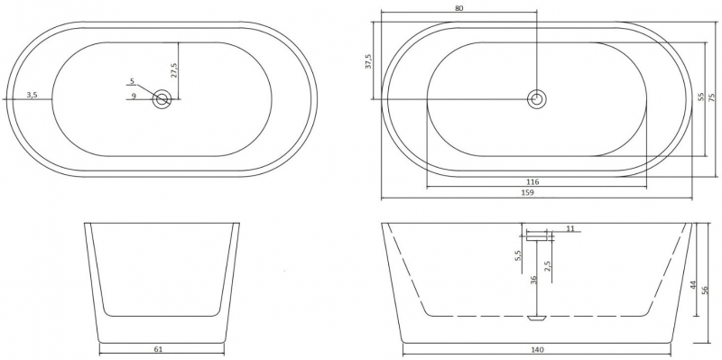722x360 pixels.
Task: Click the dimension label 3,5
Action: [32, 96]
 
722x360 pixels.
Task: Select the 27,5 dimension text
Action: [174, 70]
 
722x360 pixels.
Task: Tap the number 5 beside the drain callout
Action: [132, 81]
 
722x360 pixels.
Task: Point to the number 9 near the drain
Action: [134, 96]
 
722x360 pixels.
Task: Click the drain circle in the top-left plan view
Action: [162, 99]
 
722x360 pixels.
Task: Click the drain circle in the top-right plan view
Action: [536, 99]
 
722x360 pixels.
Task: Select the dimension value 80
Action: [458, 8]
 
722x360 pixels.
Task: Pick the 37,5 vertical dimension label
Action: [368, 61]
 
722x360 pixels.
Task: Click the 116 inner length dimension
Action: [532, 182]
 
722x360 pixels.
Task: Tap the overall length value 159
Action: [528, 193]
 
